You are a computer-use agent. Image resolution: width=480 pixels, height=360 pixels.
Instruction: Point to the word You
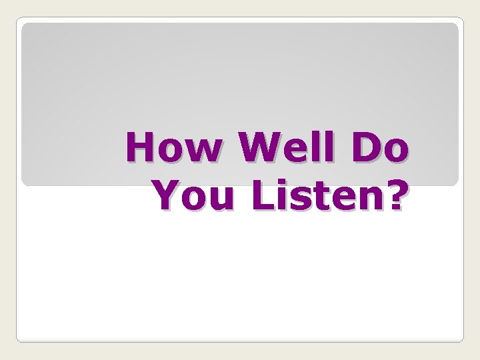(186, 195)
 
